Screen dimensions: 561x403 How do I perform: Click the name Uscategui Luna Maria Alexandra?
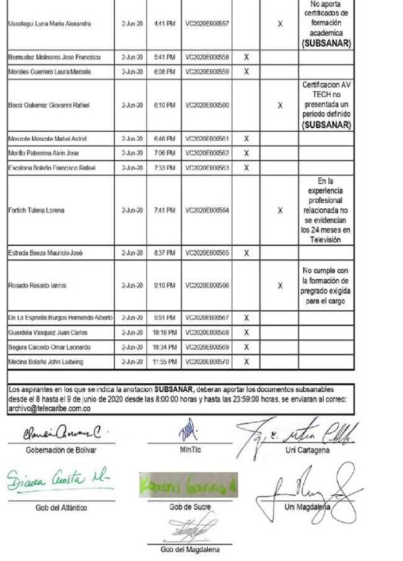(x=50, y=24)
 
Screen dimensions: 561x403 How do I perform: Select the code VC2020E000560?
(x=207, y=105)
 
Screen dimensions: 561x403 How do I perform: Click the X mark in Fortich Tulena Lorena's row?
(x=280, y=210)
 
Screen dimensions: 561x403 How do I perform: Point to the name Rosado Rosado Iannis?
(x=37, y=285)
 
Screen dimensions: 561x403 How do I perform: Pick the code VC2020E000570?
(x=207, y=362)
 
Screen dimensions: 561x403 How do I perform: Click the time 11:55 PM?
(x=164, y=362)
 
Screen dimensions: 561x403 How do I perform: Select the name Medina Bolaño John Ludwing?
(x=45, y=362)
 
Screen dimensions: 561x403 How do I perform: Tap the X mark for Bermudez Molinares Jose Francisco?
(x=246, y=57)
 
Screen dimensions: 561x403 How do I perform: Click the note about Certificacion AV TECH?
(x=326, y=105)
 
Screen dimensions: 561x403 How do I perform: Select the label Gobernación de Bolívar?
(x=61, y=450)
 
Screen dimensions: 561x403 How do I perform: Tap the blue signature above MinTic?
(x=189, y=430)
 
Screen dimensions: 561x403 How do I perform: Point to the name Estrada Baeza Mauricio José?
(x=45, y=253)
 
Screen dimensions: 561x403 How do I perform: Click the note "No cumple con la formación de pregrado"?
(x=326, y=285)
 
